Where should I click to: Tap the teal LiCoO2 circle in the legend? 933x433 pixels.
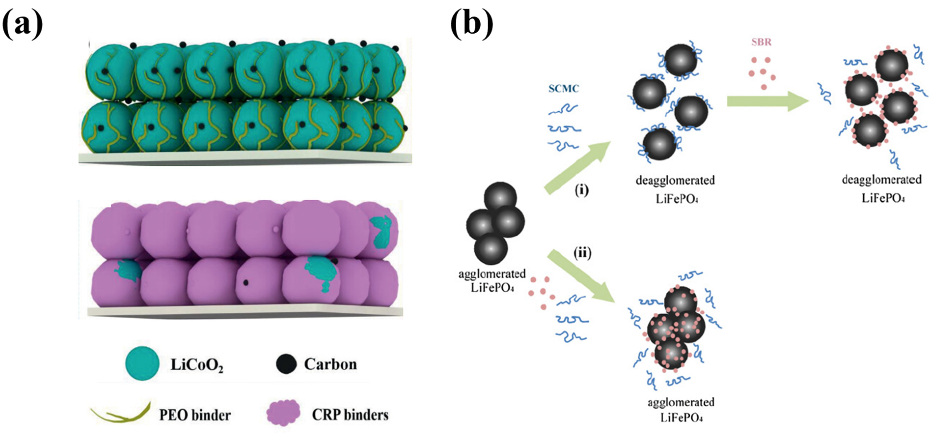[x=142, y=364]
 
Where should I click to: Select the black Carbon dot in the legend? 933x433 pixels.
[x=286, y=364]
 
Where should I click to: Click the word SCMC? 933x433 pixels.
[x=563, y=88]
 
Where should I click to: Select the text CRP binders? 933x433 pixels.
[x=350, y=415]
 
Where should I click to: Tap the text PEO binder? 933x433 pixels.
[x=195, y=415]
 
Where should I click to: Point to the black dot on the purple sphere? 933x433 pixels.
[x=246, y=283]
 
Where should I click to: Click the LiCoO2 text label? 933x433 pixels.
[x=197, y=365]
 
